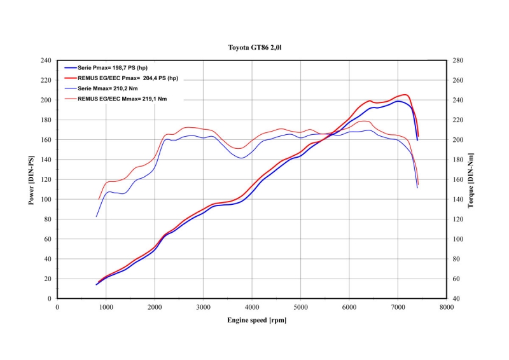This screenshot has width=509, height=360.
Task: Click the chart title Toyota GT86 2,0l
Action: coord(254,48)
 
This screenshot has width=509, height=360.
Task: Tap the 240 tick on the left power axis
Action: coord(45,60)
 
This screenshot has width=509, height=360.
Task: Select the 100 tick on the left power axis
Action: coord(45,199)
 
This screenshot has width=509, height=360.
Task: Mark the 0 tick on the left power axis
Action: coord(48,298)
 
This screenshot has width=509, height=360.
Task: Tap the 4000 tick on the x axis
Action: coord(252,307)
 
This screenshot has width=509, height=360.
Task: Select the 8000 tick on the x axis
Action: coord(447,307)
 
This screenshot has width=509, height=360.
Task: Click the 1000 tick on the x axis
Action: coord(106,307)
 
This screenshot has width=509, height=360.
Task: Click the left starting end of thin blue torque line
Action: coord(96,217)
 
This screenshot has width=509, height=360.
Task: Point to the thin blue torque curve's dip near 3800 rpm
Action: coord(241,158)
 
